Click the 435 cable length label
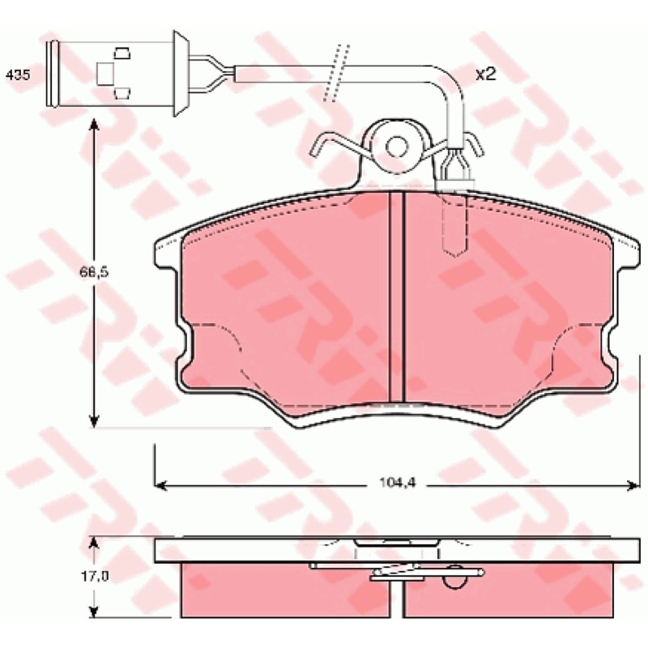pyautogui.click(x=18, y=75)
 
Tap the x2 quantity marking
pyautogui.click(x=485, y=75)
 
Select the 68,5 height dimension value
pyautogui.click(x=94, y=272)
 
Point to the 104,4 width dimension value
pyautogui.click(x=398, y=482)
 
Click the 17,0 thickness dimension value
pyautogui.click(x=95, y=577)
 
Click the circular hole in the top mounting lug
pyautogui.click(x=397, y=147)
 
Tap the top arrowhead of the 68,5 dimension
pyautogui.click(x=94, y=125)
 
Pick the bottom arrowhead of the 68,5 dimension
pyautogui.click(x=94, y=420)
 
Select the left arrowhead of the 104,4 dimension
pyautogui.click(x=160, y=485)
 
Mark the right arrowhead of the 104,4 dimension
pyautogui.click(x=633, y=485)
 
